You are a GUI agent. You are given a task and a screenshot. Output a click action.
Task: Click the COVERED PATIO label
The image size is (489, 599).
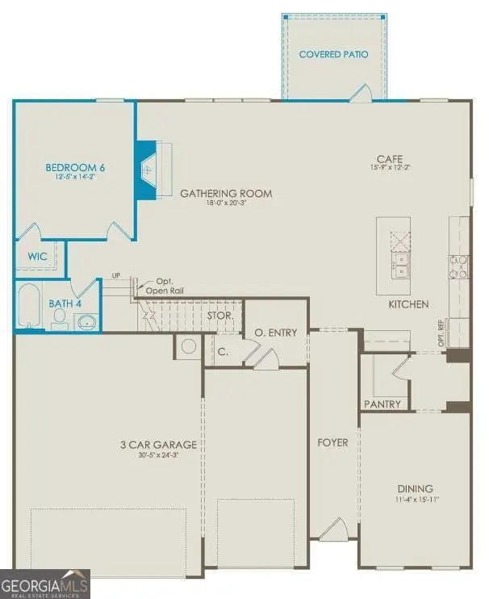pos(333,55)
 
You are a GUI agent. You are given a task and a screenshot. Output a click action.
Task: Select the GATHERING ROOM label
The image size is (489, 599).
pos(225,194)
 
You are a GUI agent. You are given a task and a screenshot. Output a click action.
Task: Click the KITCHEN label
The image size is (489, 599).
pos(408,304)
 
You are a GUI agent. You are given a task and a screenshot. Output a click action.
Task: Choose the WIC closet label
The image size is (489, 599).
pos(38,257)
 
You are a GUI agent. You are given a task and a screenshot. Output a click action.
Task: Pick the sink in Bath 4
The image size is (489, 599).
pos(86,322)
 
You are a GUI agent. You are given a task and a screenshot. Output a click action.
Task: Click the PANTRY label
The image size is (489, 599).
pos(382,404)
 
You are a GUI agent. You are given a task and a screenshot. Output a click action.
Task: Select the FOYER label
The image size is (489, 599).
pos(333,443)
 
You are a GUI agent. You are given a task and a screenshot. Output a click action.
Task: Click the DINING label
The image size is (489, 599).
pos(415,488)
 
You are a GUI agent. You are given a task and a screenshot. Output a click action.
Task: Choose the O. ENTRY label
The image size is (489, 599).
pos(276,333)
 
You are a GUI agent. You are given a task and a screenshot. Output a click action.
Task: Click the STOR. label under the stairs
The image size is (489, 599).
pos(220,316)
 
